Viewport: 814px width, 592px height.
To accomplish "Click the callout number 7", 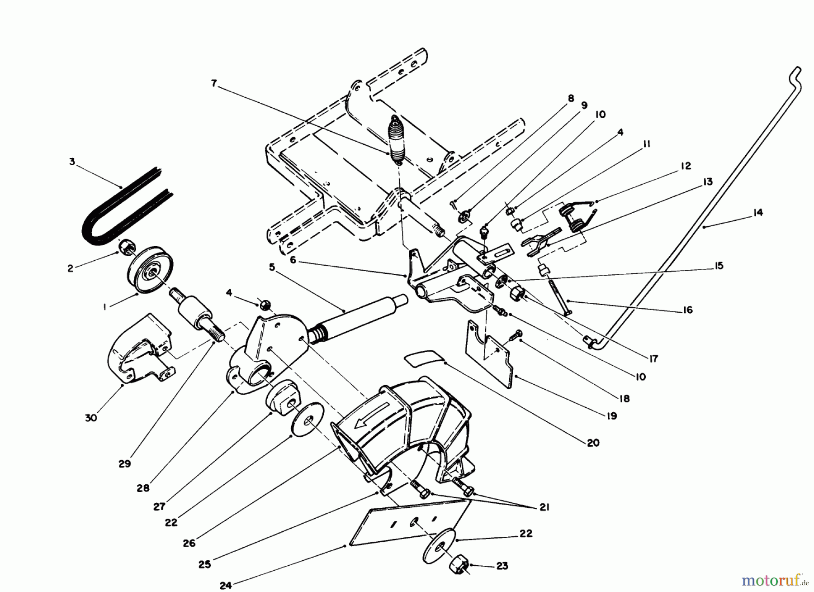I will [x=214, y=83].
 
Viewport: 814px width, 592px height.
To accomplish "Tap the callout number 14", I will [x=758, y=212].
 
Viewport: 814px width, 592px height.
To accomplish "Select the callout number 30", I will [x=91, y=418].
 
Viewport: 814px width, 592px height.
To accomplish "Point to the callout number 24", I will [x=226, y=585].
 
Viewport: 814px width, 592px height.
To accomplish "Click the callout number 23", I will [x=502, y=566].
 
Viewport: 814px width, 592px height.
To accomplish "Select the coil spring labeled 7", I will [x=397, y=140].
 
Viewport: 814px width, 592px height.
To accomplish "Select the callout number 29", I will [x=125, y=464].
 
